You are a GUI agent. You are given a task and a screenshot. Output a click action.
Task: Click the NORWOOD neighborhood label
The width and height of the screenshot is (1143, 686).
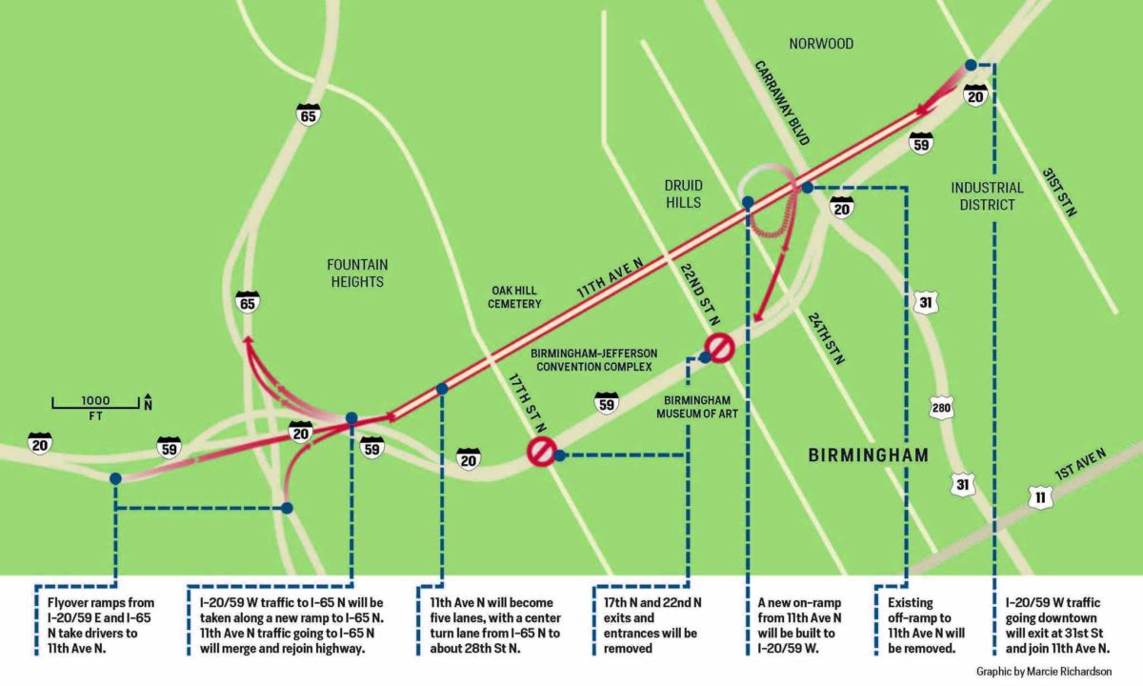pyautogui.click(x=821, y=44)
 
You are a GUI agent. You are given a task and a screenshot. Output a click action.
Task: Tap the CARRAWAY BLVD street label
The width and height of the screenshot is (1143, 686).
pyautogui.click(x=782, y=104)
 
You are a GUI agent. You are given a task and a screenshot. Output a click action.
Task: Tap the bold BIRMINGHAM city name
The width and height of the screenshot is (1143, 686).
pyautogui.click(x=868, y=456)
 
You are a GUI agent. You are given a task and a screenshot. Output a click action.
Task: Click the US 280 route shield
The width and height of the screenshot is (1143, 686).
pyautogui.click(x=940, y=408)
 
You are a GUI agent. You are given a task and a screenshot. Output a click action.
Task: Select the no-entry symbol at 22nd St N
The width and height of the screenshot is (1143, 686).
pyautogui.click(x=719, y=348)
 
